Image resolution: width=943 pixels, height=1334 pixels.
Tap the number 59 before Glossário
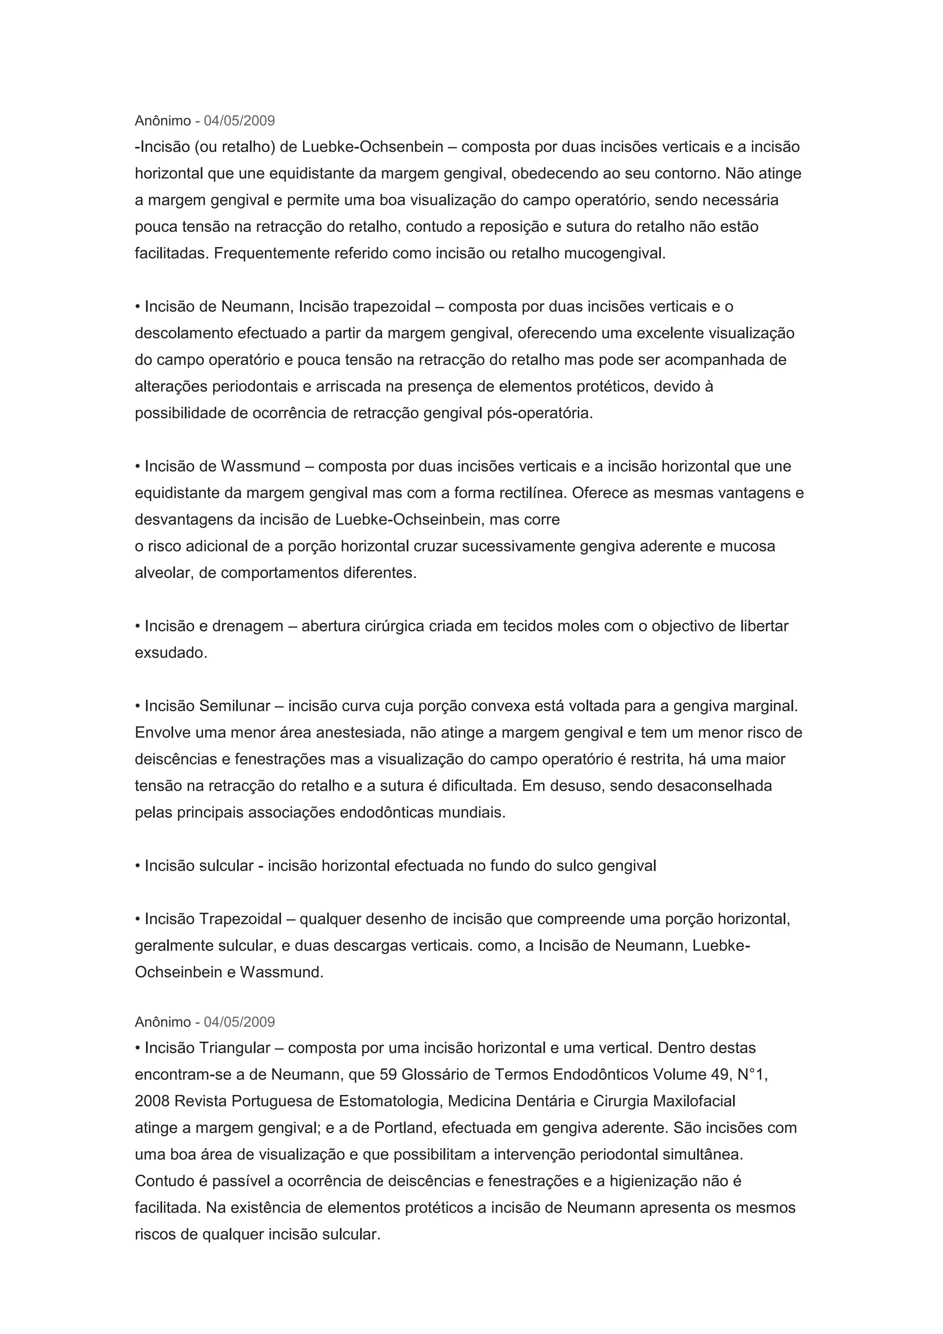click(388, 1075)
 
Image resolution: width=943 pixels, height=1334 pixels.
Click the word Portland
click(405, 1128)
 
